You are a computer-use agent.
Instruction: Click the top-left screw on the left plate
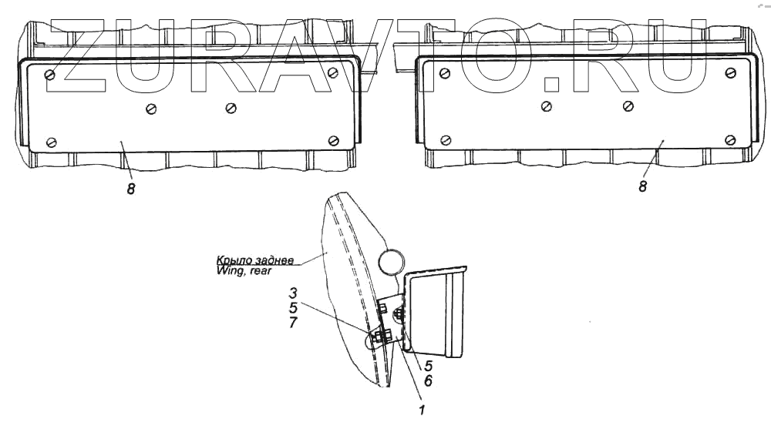point(50,74)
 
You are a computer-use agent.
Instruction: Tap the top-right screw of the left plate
point(332,72)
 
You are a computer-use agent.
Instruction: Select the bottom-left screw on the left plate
point(52,142)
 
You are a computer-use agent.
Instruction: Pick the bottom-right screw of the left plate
point(334,139)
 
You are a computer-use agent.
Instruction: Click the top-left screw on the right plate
point(443,74)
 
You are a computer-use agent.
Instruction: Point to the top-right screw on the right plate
point(729,72)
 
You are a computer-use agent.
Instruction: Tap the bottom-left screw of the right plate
point(445,140)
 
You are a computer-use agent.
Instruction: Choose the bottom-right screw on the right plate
point(730,139)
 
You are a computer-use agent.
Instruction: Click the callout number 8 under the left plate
point(131,189)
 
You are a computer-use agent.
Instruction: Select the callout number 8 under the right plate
point(642,186)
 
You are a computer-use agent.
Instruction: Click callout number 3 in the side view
point(294,293)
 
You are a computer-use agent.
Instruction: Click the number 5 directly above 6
point(428,367)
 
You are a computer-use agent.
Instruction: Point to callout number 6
point(428,380)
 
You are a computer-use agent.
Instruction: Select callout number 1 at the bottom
point(422,410)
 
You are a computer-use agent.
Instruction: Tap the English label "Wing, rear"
point(244,270)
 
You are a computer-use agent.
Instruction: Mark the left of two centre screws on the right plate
point(547,105)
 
